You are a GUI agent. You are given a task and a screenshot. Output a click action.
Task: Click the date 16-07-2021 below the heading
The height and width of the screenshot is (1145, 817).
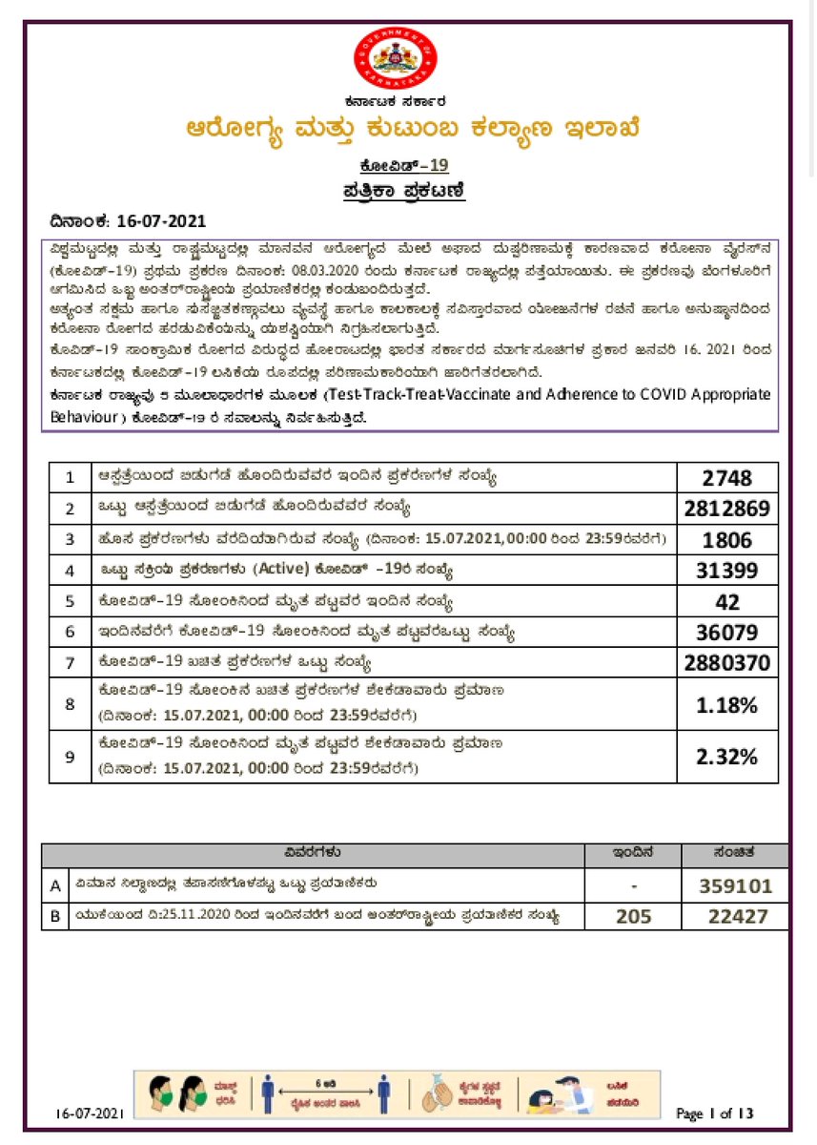(161, 221)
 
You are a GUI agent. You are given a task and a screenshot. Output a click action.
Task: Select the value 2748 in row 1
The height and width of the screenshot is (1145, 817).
(726, 478)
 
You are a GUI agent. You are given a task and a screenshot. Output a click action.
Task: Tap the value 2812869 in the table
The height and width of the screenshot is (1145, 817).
(726, 509)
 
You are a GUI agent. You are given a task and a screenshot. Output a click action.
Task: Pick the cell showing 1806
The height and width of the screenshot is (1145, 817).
(726, 540)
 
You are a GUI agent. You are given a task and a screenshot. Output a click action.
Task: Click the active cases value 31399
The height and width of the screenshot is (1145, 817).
(726, 571)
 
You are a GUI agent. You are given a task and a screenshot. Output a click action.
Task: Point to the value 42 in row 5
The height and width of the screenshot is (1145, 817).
(726, 602)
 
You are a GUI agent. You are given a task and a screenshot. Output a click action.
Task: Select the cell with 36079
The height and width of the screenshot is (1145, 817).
(726, 633)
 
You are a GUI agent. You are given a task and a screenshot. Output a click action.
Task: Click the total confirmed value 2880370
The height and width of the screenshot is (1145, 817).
(726, 663)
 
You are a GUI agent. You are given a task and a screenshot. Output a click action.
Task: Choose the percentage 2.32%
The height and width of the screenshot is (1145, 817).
(726, 757)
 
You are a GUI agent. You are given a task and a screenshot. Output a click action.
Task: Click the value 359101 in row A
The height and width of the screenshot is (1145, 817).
(735, 885)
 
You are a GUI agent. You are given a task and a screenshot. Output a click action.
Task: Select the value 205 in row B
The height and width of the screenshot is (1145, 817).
(633, 916)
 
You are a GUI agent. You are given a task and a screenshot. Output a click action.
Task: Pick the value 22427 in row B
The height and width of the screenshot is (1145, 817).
(735, 916)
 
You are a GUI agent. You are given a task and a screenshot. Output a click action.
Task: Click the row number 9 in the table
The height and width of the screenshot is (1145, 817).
(70, 757)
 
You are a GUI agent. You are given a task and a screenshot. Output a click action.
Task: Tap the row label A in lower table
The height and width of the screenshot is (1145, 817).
(55, 885)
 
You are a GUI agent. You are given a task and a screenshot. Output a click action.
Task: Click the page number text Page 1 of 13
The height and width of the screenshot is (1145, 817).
(714, 1114)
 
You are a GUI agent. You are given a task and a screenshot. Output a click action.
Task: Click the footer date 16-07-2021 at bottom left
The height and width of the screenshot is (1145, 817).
(90, 1114)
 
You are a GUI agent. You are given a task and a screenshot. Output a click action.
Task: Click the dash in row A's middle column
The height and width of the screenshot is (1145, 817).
(633, 886)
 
